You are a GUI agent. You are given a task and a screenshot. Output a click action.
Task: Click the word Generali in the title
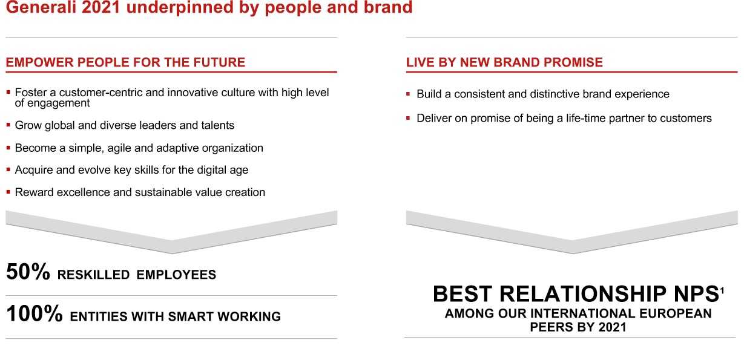tap(41, 7)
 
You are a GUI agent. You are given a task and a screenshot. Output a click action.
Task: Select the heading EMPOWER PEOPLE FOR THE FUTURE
tap(125, 62)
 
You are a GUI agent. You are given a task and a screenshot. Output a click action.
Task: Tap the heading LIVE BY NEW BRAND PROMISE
tap(504, 62)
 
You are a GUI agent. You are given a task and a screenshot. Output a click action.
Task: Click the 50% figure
tap(28, 272)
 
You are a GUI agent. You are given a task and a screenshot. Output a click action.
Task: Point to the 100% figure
tap(35, 313)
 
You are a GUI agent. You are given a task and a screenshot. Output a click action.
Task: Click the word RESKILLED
tap(93, 275)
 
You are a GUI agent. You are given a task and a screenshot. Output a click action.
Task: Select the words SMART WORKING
tap(225, 316)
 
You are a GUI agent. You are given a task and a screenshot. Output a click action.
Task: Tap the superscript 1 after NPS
tap(722, 291)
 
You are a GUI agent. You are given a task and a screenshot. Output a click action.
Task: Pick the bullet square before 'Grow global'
tap(8, 125)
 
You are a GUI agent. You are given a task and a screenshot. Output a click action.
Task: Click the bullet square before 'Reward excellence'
tap(8, 192)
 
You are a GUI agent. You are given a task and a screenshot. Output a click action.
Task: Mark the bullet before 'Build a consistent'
tap(408, 94)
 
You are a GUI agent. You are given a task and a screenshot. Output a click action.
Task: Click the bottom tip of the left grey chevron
tap(172, 254)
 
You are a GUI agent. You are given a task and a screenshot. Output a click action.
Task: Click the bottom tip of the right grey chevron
tap(572, 254)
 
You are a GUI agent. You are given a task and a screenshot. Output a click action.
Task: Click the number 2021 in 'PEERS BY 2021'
tap(612, 327)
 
